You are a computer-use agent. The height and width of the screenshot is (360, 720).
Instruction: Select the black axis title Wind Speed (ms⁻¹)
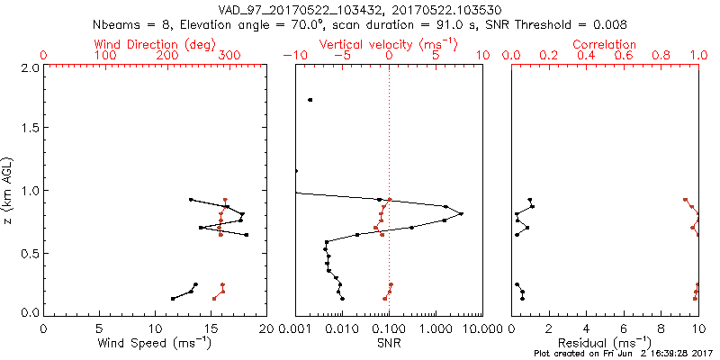click(x=155, y=342)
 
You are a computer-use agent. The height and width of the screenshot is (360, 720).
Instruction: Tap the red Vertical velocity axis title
click(x=389, y=43)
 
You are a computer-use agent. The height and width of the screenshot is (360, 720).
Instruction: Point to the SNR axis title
click(x=389, y=342)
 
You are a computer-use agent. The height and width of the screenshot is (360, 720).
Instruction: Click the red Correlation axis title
click(x=605, y=43)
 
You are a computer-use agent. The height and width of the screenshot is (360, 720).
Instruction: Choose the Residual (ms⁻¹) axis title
click(x=605, y=342)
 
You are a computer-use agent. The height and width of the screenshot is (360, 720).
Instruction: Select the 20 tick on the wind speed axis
click(x=265, y=328)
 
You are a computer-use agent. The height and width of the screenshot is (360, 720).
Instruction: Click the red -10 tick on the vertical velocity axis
click(x=293, y=56)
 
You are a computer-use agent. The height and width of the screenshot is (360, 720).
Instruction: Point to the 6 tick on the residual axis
click(x=624, y=328)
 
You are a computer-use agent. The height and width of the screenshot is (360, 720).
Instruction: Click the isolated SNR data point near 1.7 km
click(x=310, y=100)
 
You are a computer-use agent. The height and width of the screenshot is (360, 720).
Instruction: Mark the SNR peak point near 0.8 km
click(x=461, y=213)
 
